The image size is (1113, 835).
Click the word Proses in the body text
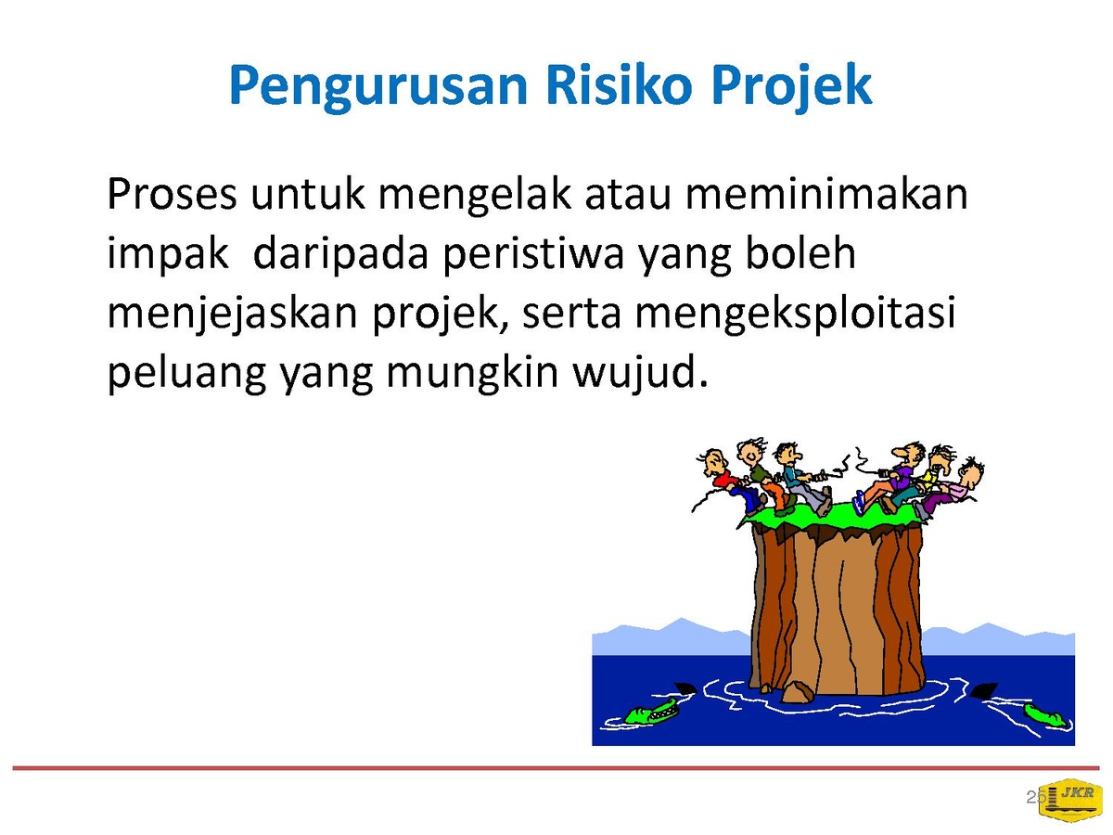click(x=172, y=194)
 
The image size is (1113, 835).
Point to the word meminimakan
click(x=826, y=193)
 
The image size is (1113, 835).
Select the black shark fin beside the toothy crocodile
click(x=684, y=689)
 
